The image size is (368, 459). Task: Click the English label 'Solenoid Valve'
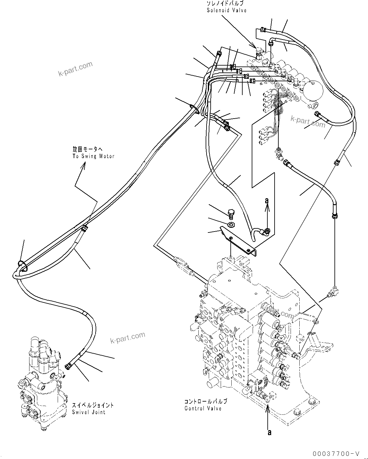[x=226, y=10]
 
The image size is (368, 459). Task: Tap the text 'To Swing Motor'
[x=93, y=156]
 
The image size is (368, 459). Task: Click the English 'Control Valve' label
[x=203, y=408]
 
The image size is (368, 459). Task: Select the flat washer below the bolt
[x=232, y=224]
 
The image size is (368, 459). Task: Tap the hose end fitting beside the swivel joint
[x=68, y=366]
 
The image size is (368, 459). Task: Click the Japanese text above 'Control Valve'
[x=206, y=402]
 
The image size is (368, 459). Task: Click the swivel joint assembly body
[x=42, y=380]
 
